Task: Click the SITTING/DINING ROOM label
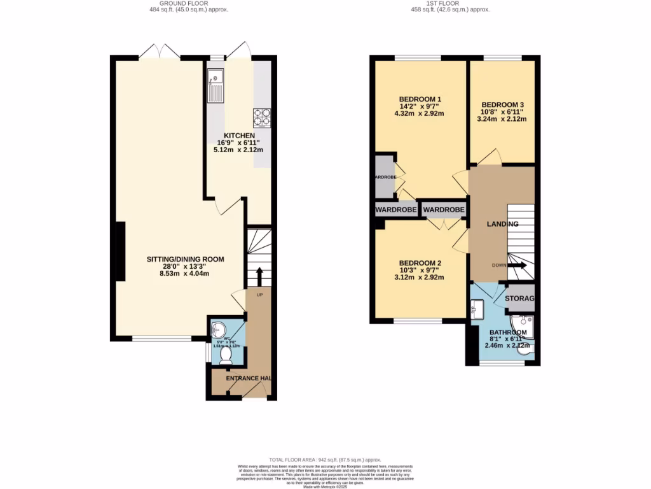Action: coord(186,259)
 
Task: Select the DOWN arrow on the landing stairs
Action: coord(516,266)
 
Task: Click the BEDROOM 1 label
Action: coord(420,99)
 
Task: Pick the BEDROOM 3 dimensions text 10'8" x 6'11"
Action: coord(502,112)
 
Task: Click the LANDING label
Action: coord(502,224)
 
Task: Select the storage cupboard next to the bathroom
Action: coord(519,299)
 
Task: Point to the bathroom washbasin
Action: coord(478,310)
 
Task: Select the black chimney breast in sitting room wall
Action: coord(120,252)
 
